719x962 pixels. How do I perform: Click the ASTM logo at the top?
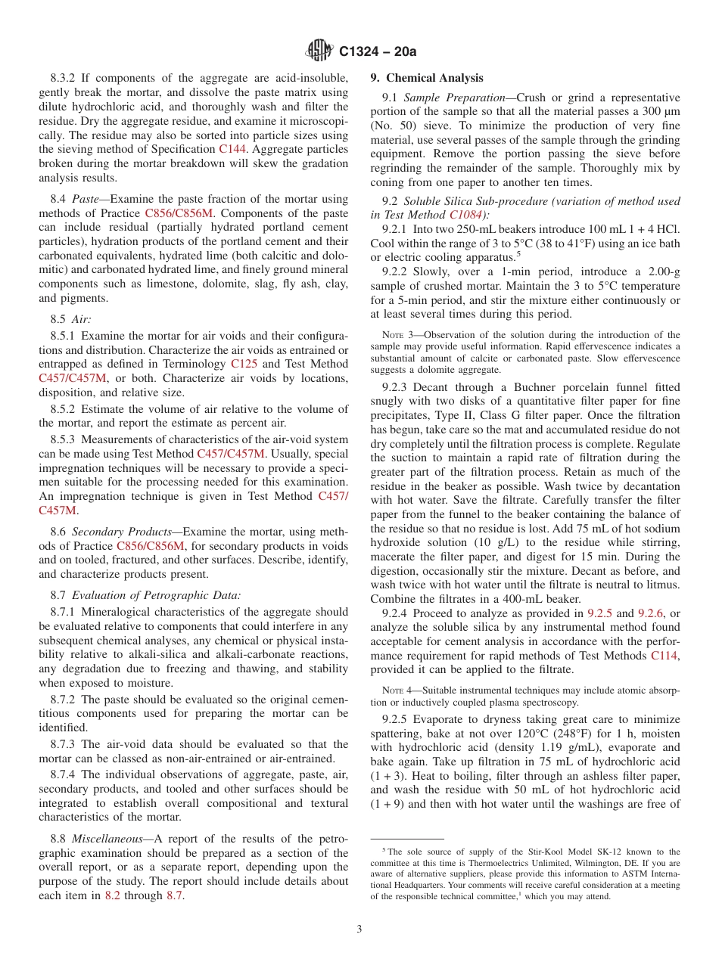point(319,51)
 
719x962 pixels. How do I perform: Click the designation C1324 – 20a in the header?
point(378,51)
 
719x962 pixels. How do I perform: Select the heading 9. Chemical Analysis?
point(426,78)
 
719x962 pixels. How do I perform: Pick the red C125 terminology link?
point(244,363)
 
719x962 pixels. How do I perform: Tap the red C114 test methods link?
point(665,656)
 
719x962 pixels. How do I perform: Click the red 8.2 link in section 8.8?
point(113,895)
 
